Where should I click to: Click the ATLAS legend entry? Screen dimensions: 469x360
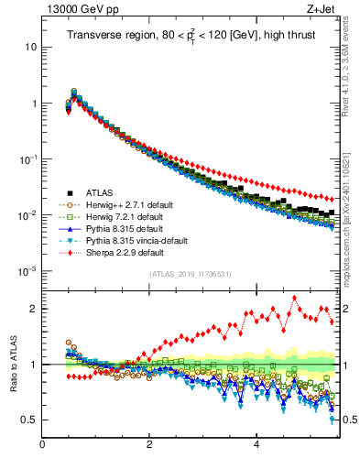101,192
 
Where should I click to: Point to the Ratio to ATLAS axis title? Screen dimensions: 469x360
14,363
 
